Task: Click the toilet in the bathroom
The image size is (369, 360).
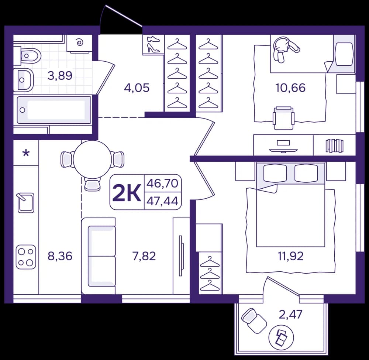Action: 27,56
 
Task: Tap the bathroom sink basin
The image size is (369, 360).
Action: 24,80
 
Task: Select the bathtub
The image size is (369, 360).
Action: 54,110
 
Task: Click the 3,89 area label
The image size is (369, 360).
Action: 60,76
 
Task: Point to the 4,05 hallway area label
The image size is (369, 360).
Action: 137,88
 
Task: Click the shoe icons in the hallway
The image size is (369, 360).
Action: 153,44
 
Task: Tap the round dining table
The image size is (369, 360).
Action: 92,160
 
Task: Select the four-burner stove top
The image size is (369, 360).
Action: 26,257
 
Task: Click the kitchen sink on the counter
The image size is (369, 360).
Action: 26,203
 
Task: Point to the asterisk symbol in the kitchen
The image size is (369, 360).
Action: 26,154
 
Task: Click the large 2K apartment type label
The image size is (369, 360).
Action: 127,192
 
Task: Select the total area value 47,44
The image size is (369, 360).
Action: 162,201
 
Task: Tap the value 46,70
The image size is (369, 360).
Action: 162,183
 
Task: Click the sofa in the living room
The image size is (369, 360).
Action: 99,256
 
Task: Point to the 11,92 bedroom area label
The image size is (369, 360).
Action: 291,256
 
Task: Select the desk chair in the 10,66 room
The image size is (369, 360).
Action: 283,118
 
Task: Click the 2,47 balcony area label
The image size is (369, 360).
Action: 290,314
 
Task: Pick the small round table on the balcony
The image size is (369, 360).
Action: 282,337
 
